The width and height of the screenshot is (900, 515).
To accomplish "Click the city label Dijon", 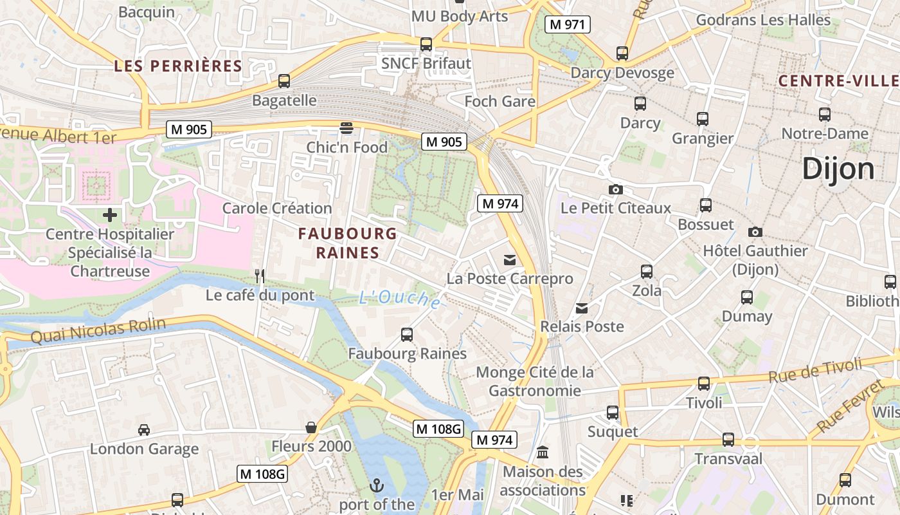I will click(838, 169).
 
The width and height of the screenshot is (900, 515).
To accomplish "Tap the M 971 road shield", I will click(567, 25).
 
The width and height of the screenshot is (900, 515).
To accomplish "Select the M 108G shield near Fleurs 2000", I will click(438, 429).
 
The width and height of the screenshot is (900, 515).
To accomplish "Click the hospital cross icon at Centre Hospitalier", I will click(110, 214).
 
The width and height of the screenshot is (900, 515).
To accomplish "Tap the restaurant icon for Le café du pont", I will click(260, 276).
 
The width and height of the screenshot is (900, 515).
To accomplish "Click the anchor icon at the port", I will click(377, 485).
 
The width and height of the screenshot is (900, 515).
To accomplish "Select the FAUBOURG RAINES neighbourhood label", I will click(347, 243).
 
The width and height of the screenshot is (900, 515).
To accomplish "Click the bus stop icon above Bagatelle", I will click(284, 81).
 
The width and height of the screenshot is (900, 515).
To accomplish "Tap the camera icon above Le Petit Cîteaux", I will click(615, 189).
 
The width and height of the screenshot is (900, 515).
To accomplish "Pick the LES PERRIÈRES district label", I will click(178, 66).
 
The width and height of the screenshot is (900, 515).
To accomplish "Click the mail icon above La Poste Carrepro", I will click(510, 259).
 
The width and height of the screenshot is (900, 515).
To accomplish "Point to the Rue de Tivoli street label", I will click(815, 373).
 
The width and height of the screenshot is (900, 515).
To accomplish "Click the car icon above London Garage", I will click(144, 429).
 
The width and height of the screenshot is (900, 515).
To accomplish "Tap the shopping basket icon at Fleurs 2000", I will click(311, 427).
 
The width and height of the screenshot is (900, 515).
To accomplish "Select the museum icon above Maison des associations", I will click(543, 453).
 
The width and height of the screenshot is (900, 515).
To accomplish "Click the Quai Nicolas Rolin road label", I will click(98, 332).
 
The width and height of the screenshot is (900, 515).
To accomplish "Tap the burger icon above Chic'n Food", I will click(346, 127).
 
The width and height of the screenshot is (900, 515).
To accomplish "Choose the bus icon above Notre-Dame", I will click(825, 115).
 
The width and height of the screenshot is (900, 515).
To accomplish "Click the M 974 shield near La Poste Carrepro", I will click(500, 204).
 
